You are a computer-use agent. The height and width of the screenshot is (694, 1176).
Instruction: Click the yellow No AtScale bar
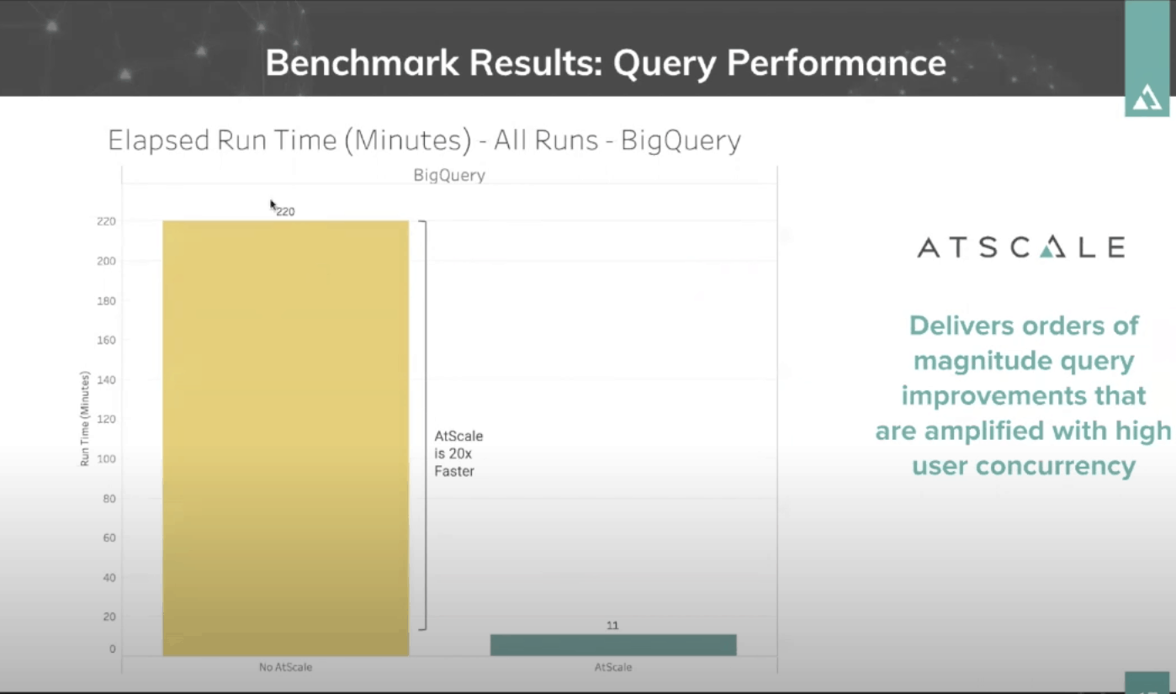[x=285, y=437]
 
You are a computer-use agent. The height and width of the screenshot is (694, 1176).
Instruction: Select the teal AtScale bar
[x=612, y=645]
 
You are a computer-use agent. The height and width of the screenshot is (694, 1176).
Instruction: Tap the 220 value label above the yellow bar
[x=286, y=212]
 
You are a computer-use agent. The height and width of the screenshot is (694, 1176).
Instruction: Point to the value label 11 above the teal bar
[x=612, y=626]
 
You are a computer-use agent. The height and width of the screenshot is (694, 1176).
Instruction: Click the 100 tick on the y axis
[x=109, y=458]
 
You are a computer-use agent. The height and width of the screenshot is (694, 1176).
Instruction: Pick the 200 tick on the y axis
[x=108, y=261]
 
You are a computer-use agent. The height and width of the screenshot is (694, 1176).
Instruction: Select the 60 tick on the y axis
[x=110, y=538]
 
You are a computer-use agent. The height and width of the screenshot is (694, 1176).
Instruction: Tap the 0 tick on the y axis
[x=113, y=649]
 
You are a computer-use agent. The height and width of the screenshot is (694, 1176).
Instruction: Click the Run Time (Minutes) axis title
[x=85, y=418]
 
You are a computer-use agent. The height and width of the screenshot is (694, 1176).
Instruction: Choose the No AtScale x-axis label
[x=285, y=667]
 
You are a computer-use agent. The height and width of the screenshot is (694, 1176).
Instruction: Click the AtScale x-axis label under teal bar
[x=612, y=667]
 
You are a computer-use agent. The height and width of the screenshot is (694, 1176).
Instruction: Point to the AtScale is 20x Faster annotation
[x=458, y=453]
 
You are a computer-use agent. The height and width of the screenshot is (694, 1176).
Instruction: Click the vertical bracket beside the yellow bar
[x=425, y=425]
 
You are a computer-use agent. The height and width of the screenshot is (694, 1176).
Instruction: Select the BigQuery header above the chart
[x=448, y=175]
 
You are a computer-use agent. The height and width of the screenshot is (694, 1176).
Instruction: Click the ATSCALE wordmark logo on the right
[x=1020, y=247]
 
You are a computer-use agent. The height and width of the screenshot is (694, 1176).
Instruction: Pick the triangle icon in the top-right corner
[x=1147, y=98]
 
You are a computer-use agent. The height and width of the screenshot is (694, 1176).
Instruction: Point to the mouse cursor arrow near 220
[x=273, y=204]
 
